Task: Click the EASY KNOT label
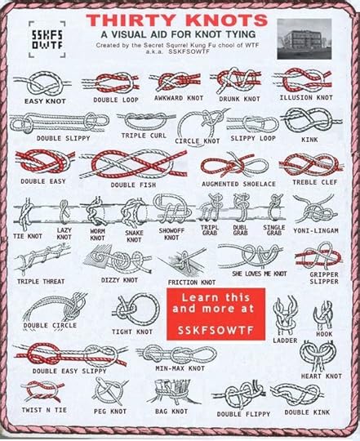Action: click(45, 100)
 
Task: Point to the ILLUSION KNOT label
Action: click(306, 97)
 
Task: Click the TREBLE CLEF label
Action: click(314, 181)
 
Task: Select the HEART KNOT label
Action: click(321, 376)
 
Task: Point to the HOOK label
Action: click(324, 334)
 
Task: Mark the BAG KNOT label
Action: click(172, 412)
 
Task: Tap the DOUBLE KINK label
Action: click(308, 412)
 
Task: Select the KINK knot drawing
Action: click(309, 122)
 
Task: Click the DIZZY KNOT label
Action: click(119, 279)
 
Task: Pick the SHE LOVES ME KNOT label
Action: click(259, 274)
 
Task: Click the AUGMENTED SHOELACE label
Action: click(238, 184)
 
